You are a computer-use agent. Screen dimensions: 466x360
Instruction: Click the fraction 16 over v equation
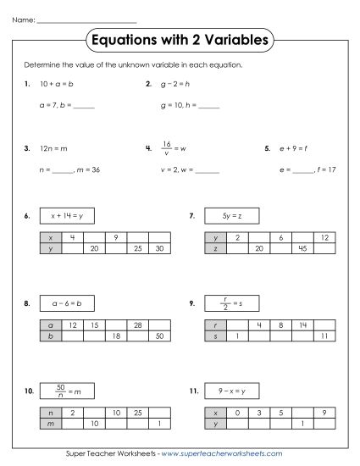click(x=173, y=147)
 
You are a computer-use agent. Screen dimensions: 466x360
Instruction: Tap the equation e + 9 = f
click(x=291, y=148)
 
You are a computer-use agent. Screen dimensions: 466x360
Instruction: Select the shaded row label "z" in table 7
click(x=215, y=249)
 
